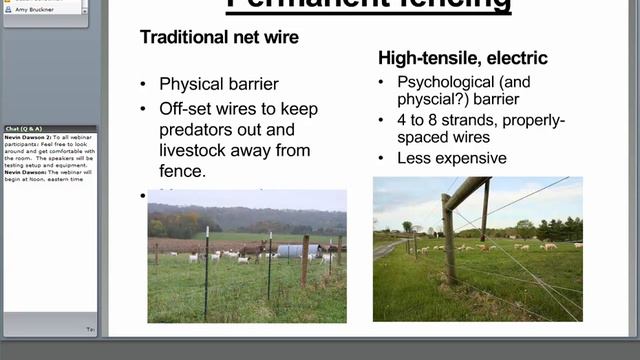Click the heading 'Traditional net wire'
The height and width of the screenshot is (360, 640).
pos(219,37)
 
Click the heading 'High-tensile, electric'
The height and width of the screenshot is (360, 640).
pos(463,58)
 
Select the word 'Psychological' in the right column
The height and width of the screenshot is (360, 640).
pos(444,82)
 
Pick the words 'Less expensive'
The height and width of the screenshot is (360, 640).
pos(452,158)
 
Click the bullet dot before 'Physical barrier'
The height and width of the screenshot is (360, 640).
pos(146,85)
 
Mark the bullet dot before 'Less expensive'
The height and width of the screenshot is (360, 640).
pos(384,159)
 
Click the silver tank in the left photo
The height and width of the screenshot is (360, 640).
pos(292,251)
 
